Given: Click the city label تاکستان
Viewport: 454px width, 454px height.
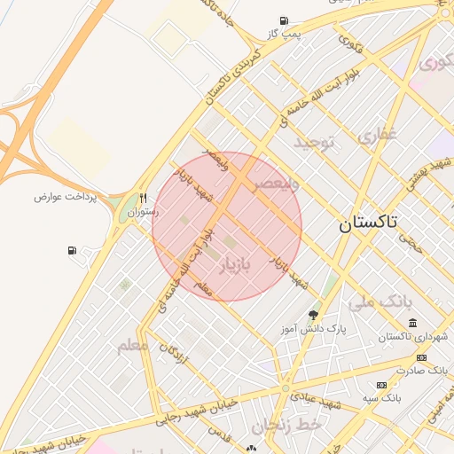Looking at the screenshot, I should pos(369,223).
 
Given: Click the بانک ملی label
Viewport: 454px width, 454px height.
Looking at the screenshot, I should pos(380,302).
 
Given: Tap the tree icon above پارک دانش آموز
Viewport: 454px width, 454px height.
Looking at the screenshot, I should pos(312,314).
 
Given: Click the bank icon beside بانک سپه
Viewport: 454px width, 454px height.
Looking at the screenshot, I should pos(381,385).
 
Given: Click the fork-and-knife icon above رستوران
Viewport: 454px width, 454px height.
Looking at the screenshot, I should pos(143,199).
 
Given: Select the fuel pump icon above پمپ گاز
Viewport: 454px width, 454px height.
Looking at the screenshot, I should pos(283,20).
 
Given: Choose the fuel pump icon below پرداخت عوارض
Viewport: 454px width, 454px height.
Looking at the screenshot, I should pos(72,251).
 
